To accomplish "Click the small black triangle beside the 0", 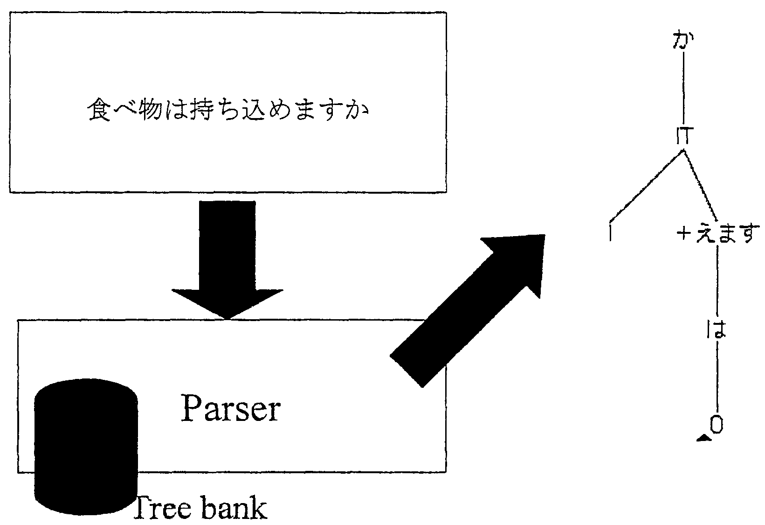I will click(x=703, y=438).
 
